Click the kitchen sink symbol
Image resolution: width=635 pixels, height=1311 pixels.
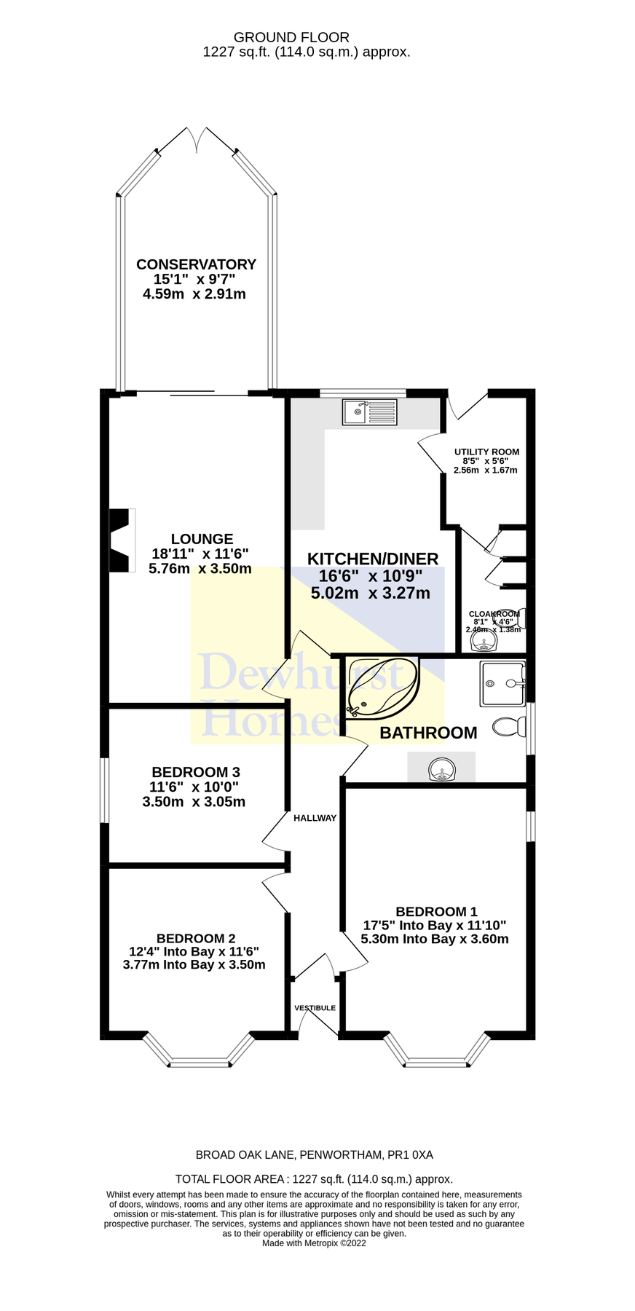[371, 412]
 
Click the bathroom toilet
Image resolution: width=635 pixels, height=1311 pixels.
[509, 726]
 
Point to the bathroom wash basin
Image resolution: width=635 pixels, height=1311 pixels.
[441, 769]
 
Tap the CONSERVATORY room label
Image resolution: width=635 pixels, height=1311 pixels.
[196, 264]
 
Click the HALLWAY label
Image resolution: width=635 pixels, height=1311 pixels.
[315, 818]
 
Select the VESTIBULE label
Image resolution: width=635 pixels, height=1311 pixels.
[315, 1008]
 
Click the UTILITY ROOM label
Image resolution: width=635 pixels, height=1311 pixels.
[486, 452]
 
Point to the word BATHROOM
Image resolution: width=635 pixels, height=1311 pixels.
[428, 733]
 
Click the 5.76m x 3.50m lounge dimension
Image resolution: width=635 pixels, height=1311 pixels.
[200, 569]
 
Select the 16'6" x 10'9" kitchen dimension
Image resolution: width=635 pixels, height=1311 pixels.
[371, 575]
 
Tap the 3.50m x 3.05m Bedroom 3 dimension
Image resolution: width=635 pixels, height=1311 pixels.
[194, 802]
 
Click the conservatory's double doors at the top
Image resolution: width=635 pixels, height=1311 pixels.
[197, 139]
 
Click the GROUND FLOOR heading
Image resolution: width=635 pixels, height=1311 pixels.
[291, 37]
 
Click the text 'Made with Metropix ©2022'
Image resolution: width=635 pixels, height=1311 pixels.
[314, 1243]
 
